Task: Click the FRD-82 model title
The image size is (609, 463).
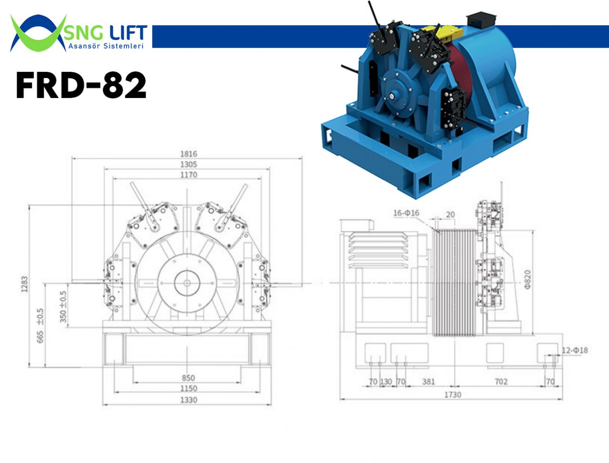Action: pyautogui.click(x=81, y=85)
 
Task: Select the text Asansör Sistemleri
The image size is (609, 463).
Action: pyautogui.click(x=106, y=46)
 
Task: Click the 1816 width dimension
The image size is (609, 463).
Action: pyautogui.click(x=189, y=154)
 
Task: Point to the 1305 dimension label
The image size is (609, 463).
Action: pyautogui.click(x=189, y=164)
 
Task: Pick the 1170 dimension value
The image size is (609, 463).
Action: pyautogui.click(x=189, y=175)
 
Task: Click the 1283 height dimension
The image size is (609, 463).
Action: pyautogui.click(x=24, y=284)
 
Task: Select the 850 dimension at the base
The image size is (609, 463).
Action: pyautogui.click(x=188, y=378)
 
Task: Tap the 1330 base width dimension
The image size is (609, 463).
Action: pyautogui.click(x=189, y=400)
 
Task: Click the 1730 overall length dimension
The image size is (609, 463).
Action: pyautogui.click(x=452, y=395)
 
